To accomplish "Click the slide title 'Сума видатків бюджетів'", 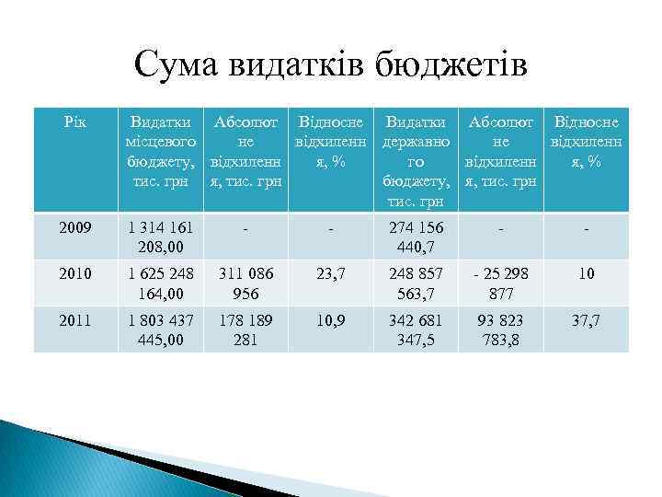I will point(330,66).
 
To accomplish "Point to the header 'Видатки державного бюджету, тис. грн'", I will point(417,161).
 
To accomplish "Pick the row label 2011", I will point(74,319).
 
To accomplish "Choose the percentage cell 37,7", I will point(585,319).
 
